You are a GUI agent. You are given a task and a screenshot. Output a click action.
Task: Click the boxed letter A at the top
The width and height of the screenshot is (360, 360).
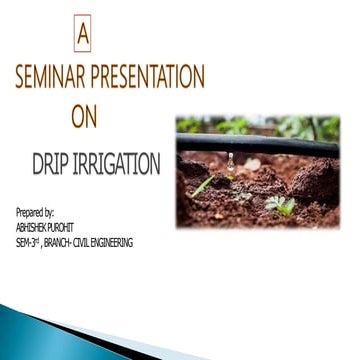pyautogui.click(x=82, y=37)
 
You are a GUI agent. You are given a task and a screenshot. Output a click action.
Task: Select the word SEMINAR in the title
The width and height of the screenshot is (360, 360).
pyautogui.click(x=51, y=77)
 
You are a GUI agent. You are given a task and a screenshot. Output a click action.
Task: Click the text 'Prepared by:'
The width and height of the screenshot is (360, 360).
pyautogui.click(x=35, y=213)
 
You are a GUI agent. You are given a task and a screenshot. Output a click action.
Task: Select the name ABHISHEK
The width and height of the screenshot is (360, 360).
pyautogui.click(x=35, y=227)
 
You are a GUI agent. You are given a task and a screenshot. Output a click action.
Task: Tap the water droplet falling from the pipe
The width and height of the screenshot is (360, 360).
pyautogui.click(x=230, y=163)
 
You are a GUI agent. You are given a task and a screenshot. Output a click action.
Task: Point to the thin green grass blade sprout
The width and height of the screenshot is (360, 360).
pyautogui.click(x=203, y=185)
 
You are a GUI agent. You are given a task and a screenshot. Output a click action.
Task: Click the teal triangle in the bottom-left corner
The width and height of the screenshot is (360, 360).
pyautogui.click(x=25, y=335)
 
